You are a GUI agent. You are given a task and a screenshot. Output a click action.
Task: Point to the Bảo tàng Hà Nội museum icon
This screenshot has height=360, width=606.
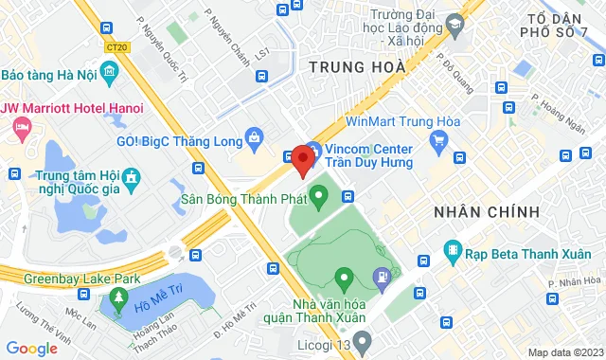tap(110, 73)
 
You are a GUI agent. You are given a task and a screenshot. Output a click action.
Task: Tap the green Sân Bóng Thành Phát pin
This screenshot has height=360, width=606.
tap(319, 199)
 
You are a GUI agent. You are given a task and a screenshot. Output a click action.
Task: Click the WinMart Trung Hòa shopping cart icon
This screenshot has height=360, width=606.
tap(437, 142)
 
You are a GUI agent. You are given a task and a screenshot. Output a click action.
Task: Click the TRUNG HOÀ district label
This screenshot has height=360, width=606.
tap(357, 67)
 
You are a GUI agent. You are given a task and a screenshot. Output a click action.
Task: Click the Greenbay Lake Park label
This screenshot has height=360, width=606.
tap(70, 279)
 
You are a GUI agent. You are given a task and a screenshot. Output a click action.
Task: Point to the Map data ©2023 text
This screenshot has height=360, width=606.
tap(564, 352)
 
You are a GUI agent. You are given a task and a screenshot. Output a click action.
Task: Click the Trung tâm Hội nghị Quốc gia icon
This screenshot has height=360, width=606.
tap(131, 177)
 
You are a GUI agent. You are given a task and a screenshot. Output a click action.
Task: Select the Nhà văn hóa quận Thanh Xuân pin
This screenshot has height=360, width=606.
tap(343, 279)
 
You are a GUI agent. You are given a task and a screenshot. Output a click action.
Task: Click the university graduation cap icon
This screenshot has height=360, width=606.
tap(453, 23)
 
